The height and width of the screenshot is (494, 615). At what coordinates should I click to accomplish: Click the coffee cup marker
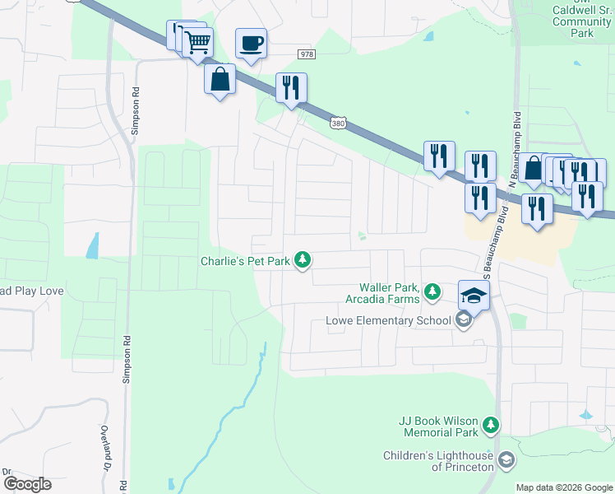[x=251, y=43]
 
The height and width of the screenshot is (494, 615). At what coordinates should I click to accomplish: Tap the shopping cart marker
[x=197, y=41]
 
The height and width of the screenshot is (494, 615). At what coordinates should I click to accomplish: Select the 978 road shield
[x=307, y=54]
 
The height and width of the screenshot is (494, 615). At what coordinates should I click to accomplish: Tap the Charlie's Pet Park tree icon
[x=303, y=261]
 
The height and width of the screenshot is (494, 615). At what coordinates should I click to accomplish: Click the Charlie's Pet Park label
[x=247, y=261]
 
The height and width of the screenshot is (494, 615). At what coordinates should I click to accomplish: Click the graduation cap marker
[x=474, y=295]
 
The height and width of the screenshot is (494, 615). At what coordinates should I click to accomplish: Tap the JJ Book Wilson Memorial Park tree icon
[x=490, y=426]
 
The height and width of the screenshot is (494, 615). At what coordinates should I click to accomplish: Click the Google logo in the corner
[x=28, y=484]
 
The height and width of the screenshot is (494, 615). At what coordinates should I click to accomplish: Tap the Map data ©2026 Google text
[x=564, y=487]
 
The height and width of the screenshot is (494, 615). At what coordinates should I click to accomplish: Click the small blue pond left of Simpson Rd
[x=92, y=245]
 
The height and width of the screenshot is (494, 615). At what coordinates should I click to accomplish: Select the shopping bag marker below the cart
[x=220, y=79]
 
